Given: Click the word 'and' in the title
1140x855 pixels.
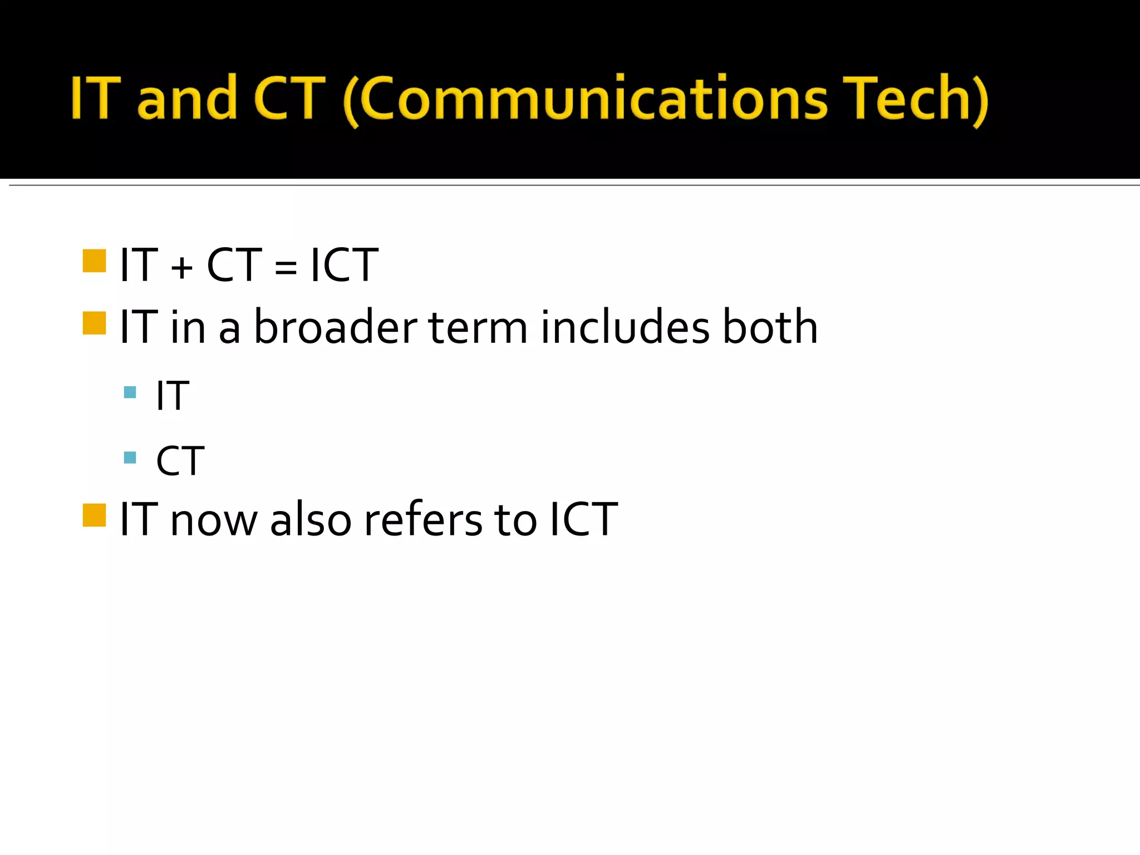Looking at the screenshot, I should click(187, 99).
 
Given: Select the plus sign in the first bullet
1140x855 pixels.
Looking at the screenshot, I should click(181, 267).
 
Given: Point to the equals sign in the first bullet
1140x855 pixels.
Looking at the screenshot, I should click(286, 267).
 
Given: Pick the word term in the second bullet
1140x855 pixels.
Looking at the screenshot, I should click(478, 328).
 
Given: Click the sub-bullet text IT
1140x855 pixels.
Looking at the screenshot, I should click(173, 396).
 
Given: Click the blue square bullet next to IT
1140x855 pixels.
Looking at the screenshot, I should click(130, 392).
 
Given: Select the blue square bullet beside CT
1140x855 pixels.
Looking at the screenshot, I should click(130, 458).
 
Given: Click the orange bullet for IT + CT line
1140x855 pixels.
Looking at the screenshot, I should click(94, 261).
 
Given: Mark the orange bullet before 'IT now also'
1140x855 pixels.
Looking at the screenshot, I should click(94, 515).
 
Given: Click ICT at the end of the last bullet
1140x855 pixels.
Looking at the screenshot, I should click(583, 519).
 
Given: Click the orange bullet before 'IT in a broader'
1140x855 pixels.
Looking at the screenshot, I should click(94, 323).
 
